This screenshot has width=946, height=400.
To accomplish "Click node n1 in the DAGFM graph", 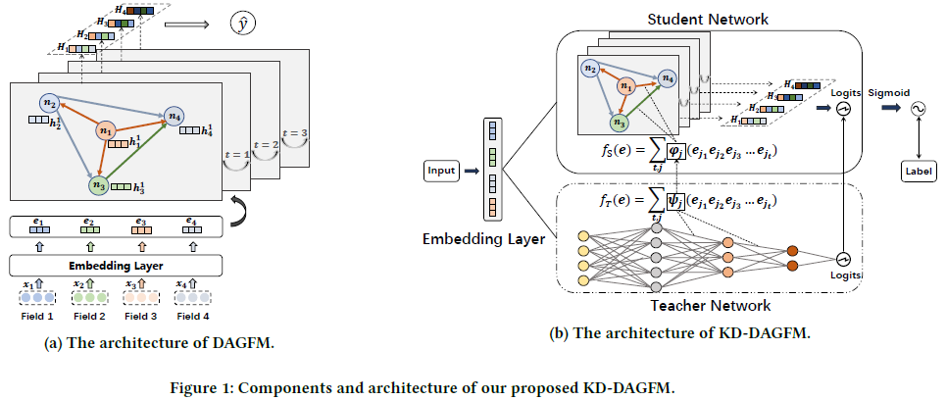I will pos(105,130).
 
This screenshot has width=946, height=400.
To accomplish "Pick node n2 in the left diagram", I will pos(48,103).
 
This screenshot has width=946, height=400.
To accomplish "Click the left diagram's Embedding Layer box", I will pos(116,266).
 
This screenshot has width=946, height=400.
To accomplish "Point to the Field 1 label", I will pos(36,317).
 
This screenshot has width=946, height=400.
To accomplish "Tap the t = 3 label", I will pos(293,133).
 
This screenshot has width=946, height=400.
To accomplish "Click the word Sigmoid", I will pos(886,91).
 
